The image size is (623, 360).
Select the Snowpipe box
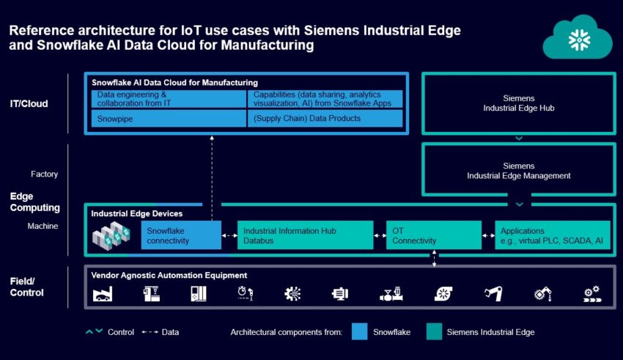coord(169,118)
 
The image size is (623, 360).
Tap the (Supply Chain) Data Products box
coord(325,118)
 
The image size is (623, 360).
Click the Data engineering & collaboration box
coord(169,99)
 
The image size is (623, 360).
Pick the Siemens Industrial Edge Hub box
coord(518,103)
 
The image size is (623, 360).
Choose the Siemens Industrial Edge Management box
coord(518,171)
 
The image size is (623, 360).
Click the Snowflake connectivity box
coord(180,235)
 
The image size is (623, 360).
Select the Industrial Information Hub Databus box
coord(304,235)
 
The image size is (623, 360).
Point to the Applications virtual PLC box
coord(552,235)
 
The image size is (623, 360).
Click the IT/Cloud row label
coord(29,103)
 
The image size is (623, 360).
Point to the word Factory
coord(44,175)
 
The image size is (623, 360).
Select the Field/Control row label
coord(27,287)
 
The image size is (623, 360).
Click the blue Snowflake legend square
coord(360,331)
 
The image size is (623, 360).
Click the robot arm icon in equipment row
coord(492,294)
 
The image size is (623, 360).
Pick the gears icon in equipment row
coord(591,294)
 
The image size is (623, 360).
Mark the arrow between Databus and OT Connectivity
coord(380,235)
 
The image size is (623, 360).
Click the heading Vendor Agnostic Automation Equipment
coord(169,275)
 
